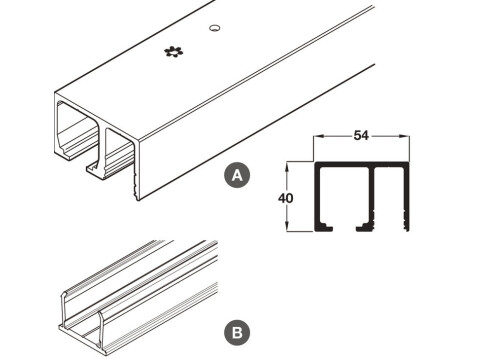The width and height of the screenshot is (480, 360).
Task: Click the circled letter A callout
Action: point(237,175)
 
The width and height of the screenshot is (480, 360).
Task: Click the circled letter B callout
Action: point(237,333)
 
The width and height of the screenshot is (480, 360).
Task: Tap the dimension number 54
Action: point(361,136)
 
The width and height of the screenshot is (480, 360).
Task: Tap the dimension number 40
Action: point(286,198)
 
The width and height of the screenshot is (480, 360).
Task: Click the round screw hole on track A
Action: point(215,28)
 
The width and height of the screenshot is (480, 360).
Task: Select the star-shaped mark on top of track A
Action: point(174,52)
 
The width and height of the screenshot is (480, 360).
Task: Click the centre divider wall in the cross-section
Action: point(372,190)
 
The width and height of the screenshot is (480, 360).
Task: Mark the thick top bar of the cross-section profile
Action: point(362,164)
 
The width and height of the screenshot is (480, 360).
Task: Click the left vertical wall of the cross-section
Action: point(317,197)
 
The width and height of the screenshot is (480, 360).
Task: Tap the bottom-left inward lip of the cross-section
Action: point(324,227)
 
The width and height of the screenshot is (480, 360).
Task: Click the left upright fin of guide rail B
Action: point(63,310)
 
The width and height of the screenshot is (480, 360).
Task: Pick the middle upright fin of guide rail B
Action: point(100,329)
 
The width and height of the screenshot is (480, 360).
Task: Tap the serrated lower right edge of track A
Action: point(136,186)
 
